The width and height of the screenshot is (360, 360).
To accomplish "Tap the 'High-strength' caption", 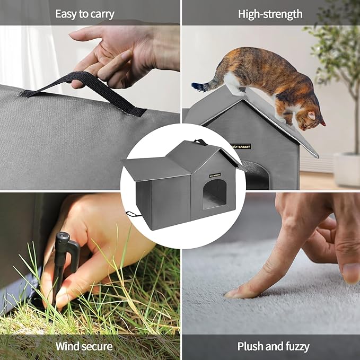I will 270,14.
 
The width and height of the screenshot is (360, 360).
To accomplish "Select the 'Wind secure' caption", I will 84,347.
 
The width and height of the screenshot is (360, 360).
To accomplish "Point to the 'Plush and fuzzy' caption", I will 273,347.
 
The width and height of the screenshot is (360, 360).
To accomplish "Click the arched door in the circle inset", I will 214,193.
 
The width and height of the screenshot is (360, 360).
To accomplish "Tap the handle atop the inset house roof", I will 200,142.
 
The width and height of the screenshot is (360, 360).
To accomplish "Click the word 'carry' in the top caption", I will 101,14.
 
